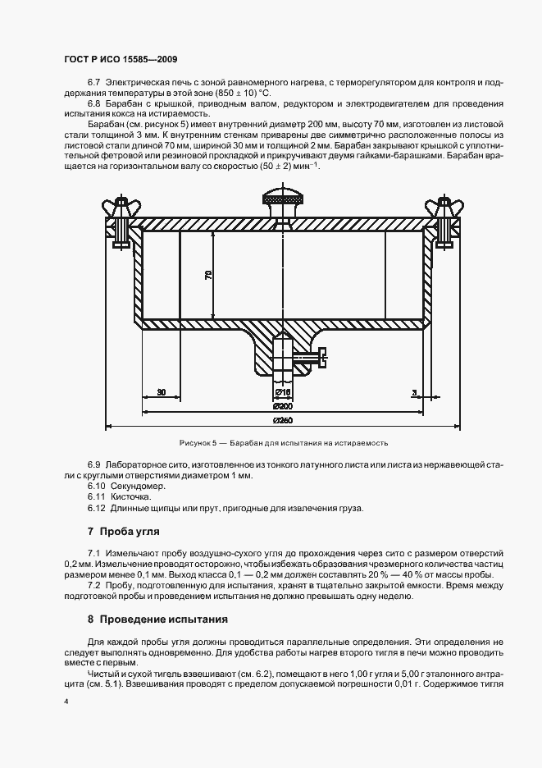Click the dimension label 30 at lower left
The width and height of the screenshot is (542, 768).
pos(162,392)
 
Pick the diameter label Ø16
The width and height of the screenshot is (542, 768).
pos(281,392)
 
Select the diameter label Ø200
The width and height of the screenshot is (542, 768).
pos(283,406)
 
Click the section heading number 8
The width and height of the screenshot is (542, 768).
pos(90,618)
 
